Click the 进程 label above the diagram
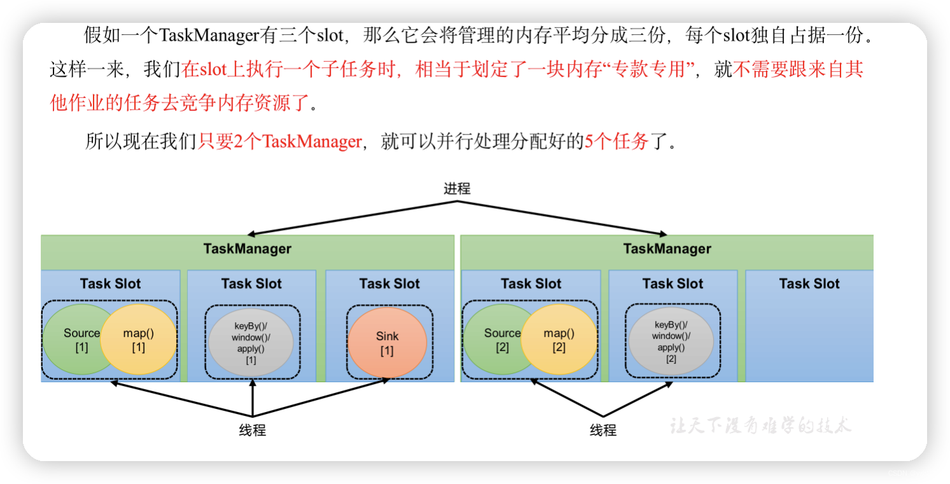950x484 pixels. tap(457, 189)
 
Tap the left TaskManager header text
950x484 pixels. tap(247, 248)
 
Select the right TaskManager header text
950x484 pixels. tap(667, 248)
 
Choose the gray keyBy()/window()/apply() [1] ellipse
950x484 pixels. tap(251, 343)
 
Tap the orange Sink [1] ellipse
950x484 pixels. tap(387, 343)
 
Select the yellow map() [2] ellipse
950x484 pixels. tap(559, 340)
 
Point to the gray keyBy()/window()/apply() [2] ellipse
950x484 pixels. tap(671, 341)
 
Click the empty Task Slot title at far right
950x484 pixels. tap(809, 283)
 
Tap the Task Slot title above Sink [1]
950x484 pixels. tap(389, 283)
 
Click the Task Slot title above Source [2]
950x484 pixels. tap(531, 283)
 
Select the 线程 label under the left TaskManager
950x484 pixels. tap(252, 431)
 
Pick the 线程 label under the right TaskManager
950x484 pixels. tap(602, 431)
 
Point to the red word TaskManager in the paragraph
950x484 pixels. tap(311, 141)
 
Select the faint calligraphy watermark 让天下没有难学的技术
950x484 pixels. tap(760, 425)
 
